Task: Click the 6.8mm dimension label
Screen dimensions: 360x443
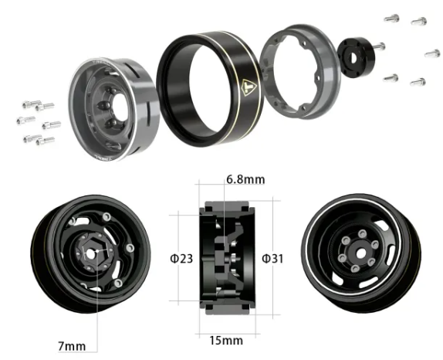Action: click(245, 179)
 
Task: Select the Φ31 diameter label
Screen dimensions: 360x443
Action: click(272, 258)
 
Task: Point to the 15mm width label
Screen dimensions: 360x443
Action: click(225, 340)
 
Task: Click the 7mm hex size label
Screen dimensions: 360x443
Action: click(70, 344)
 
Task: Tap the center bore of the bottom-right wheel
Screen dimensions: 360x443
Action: click(357, 250)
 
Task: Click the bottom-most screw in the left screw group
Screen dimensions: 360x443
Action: click(45, 141)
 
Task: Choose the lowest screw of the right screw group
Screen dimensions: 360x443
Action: click(418, 81)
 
